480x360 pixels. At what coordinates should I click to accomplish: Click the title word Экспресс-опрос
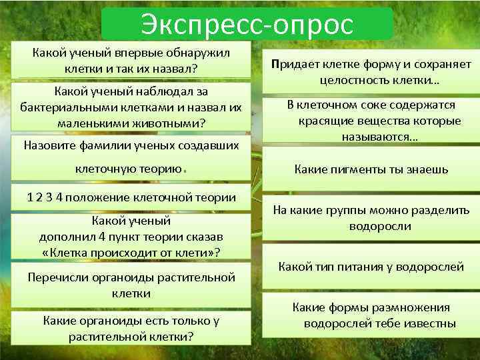[x=247, y=25]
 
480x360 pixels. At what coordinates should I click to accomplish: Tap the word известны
[x=431, y=324]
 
